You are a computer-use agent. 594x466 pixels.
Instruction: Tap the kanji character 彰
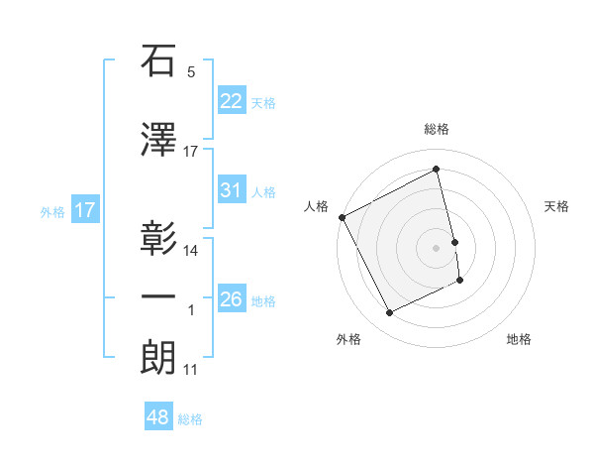(x=158, y=239)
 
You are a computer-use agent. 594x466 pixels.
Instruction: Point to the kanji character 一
(x=158, y=296)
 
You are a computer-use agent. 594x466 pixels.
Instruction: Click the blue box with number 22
(x=231, y=101)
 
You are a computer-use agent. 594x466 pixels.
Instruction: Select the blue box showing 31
(x=231, y=190)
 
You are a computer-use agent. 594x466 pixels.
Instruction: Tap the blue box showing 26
(x=231, y=298)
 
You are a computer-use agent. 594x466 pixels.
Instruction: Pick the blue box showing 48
(x=158, y=417)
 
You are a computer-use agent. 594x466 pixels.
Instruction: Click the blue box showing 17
(x=84, y=210)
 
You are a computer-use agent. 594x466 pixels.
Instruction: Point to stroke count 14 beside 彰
(x=191, y=251)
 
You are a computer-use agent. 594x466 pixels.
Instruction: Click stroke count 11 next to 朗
(x=191, y=370)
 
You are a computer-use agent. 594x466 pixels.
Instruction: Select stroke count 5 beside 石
(x=191, y=72)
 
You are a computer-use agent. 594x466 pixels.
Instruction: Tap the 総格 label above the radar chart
(x=437, y=129)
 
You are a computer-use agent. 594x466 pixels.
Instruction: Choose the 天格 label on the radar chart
(x=557, y=206)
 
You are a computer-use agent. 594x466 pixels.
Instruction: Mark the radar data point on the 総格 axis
(x=437, y=170)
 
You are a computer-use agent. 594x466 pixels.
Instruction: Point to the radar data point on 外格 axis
(x=390, y=313)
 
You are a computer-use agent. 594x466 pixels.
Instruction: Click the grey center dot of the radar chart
(x=437, y=247)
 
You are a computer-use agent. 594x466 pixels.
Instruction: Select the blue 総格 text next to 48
(x=190, y=418)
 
